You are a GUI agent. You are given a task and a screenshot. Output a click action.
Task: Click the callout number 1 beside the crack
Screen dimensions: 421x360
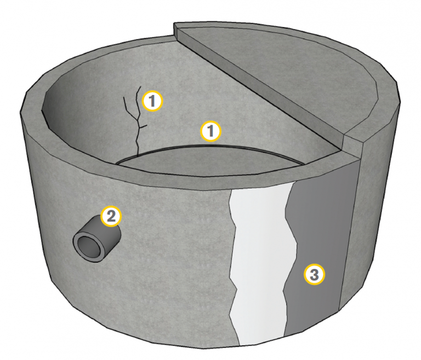(152, 101)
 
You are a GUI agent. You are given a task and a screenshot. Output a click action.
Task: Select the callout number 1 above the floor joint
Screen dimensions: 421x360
(210, 131)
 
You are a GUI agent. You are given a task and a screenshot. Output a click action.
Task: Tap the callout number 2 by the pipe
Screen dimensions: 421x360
(111, 216)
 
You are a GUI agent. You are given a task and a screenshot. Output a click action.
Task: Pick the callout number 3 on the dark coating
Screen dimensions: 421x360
(315, 274)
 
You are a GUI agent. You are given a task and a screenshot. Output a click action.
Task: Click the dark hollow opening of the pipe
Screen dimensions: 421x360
(88, 246)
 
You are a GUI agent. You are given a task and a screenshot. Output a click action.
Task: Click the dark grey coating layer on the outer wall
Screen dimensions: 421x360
(320, 242)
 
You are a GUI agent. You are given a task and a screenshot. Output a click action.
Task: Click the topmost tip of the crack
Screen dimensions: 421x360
(140, 86)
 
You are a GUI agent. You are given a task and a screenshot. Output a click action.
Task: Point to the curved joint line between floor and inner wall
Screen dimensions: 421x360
(209, 147)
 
